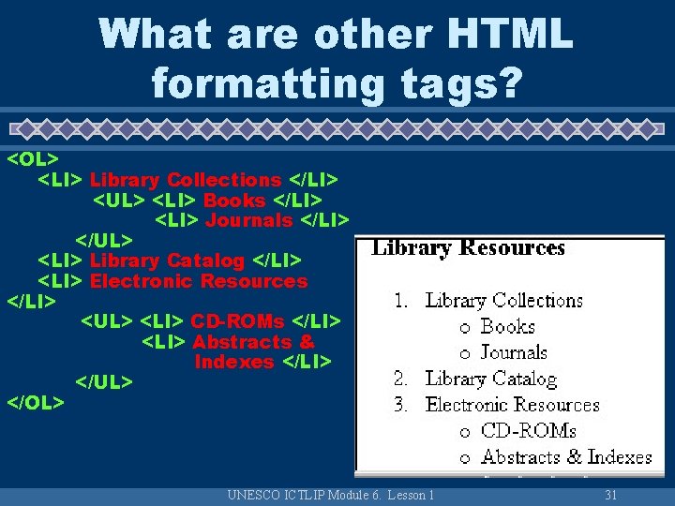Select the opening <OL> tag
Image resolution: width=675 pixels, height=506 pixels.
pos(34,159)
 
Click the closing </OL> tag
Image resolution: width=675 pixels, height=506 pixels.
pos(36,403)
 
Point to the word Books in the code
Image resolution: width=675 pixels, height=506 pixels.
pos(234,201)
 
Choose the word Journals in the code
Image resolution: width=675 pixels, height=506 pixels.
pos(248,221)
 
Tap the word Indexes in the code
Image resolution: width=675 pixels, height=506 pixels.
pos(234,363)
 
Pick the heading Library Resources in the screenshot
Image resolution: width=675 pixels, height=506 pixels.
pos(469,248)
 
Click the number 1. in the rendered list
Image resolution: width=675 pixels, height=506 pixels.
pos(400,301)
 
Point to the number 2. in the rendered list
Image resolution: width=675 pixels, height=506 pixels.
pos(400,379)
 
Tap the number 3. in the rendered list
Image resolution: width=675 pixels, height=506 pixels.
pos(400,406)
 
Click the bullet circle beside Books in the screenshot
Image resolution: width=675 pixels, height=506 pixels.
pos(465,328)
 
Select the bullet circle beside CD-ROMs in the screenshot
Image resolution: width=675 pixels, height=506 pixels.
pos(465,432)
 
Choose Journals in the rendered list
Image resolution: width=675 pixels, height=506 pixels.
pos(514,353)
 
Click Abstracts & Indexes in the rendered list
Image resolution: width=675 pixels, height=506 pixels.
pos(565,457)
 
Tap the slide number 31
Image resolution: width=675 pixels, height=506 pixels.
pos(611,495)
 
